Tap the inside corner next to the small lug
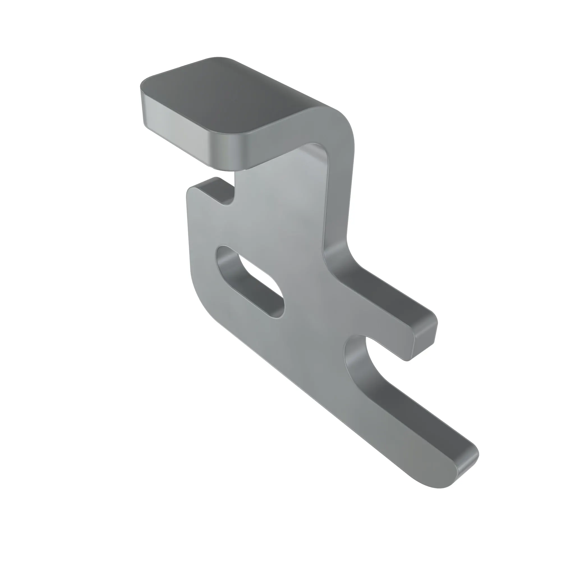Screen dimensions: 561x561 [229, 200]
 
